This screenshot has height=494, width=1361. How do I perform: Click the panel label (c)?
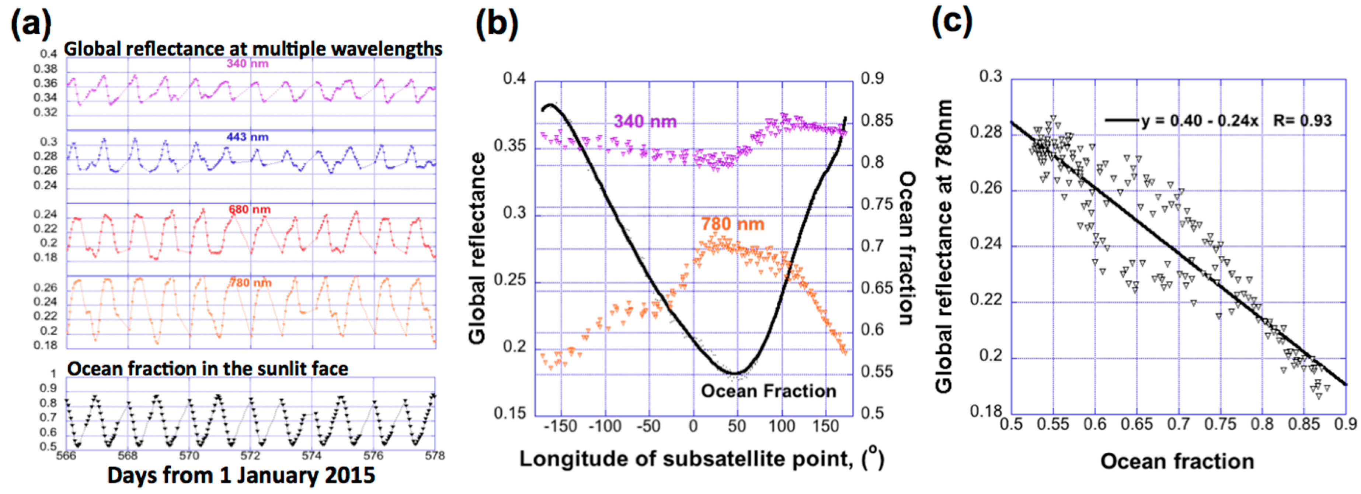951,22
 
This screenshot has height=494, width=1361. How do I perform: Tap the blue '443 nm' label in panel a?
247,137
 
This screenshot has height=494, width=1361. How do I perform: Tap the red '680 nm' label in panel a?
249,210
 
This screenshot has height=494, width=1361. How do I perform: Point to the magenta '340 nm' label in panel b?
645,122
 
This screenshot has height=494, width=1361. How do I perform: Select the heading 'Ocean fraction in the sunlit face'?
208,369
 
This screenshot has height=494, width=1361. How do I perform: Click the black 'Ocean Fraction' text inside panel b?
768,391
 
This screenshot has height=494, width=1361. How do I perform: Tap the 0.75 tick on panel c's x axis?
1220,425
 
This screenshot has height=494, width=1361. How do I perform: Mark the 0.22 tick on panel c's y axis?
985,300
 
